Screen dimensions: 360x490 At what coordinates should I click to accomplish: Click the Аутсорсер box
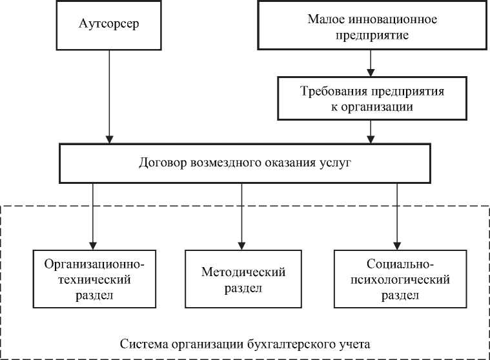coord(109,25)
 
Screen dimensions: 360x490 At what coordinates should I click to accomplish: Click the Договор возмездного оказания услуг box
coord(245,163)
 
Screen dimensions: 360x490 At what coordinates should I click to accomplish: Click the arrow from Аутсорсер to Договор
coord(110,97)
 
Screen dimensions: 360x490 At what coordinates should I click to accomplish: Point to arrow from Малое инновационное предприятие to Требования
coord(369,63)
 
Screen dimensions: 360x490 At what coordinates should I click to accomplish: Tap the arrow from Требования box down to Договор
coord(369,132)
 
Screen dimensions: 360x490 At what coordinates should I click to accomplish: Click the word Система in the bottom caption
coord(141,341)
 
